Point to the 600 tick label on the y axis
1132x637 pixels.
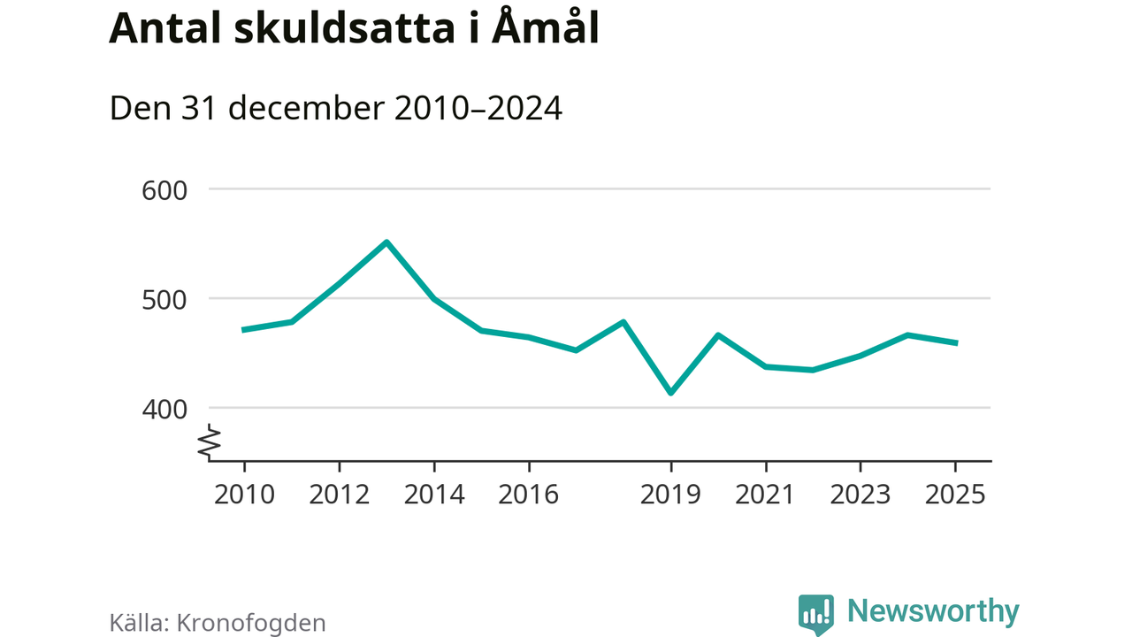click(166, 190)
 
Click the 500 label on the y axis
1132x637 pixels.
click(166, 299)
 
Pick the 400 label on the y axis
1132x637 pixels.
click(166, 409)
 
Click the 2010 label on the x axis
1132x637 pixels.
click(245, 494)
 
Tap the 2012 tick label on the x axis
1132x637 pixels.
click(340, 494)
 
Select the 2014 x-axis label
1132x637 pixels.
click(434, 494)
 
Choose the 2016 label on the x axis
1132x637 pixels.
click(529, 494)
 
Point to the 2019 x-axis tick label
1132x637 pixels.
click(671, 494)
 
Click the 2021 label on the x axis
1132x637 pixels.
click(766, 494)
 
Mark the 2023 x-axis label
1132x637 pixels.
click(860, 494)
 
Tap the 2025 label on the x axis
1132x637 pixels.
click(955, 494)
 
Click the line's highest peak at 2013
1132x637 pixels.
click(386, 242)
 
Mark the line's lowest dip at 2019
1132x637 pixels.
click(671, 393)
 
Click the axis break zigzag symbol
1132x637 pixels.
click(210, 442)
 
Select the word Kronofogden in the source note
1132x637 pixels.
click(252, 622)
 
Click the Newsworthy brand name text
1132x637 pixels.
click(933, 611)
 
